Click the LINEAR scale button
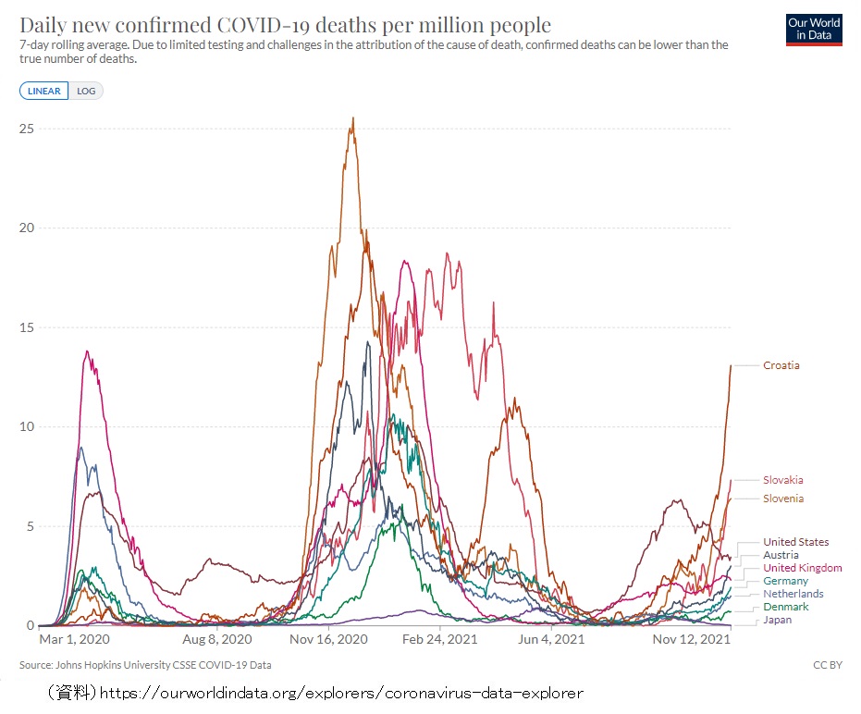[x=43, y=91]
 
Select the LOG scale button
[x=85, y=91]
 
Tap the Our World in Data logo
[x=814, y=29]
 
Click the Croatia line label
[x=781, y=365]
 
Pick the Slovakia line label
[x=782, y=480]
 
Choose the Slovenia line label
[x=782, y=499]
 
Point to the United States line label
[x=795, y=542]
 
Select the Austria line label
[x=781, y=555]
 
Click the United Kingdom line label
[x=802, y=568]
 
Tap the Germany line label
[x=785, y=581]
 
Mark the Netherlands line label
[x=793, y=594]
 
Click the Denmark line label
[x=785, y=607]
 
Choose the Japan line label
[x=777, y=620]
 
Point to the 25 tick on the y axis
[x=27, y=129]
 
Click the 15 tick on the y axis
[x=27, y=327]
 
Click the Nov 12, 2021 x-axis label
[x=691, y=639]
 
